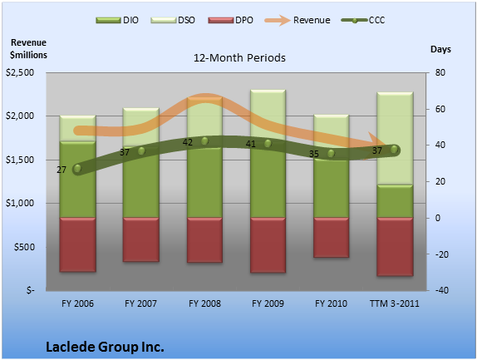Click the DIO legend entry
(117, 20)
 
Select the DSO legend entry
(173, 20)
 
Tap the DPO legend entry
(230, 20)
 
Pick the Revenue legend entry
(298, 20)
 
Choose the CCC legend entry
(363, 20)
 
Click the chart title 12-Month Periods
(239, 58)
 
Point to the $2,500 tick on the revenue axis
(20, 72)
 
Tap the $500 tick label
(24, 247)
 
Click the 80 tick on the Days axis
(440, 72)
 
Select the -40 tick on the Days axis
(442, 290)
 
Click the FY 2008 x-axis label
(204, 303)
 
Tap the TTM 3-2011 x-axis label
(394, 303)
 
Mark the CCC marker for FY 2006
(77, 169)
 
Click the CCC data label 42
(188, 142)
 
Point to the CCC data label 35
(314, 154)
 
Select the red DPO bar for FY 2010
(331, 238)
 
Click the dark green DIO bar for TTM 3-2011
(395, 201)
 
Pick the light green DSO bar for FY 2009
(268, 115)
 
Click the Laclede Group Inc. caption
(105, 347)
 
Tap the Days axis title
(440, 49)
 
